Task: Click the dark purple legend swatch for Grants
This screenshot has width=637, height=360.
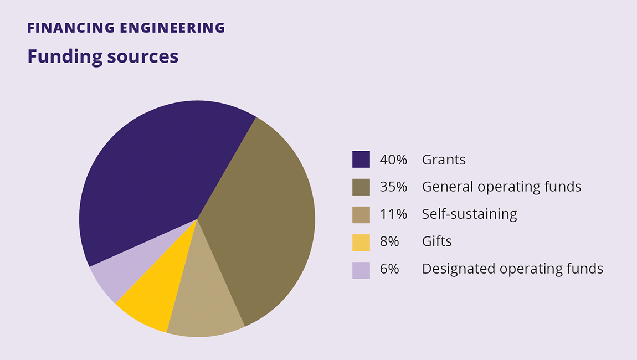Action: (x=361, y=160)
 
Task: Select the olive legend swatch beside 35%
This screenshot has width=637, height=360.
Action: (x=361, y=187)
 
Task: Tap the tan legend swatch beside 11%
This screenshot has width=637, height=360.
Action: (x=361, y=214)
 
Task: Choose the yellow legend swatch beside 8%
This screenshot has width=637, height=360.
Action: (x=361, y=242)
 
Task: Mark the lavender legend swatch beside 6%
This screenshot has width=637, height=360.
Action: (x=361, y=270)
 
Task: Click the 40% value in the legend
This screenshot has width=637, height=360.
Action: (x=393, y=160)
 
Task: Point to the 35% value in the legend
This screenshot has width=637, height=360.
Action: (x=393, y=187)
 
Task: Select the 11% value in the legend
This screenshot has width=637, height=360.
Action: (x=393, y=214)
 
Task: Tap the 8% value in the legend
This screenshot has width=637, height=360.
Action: (x=389, y=241)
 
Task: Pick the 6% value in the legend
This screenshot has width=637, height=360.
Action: (x=389, y=269)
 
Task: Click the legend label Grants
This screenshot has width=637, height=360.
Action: (x=444, y=160)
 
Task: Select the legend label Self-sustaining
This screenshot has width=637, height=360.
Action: (x=469, y=214)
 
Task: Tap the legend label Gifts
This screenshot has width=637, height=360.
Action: (x=437, y=241)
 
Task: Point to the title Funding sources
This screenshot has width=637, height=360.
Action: (x=103, y=56)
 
